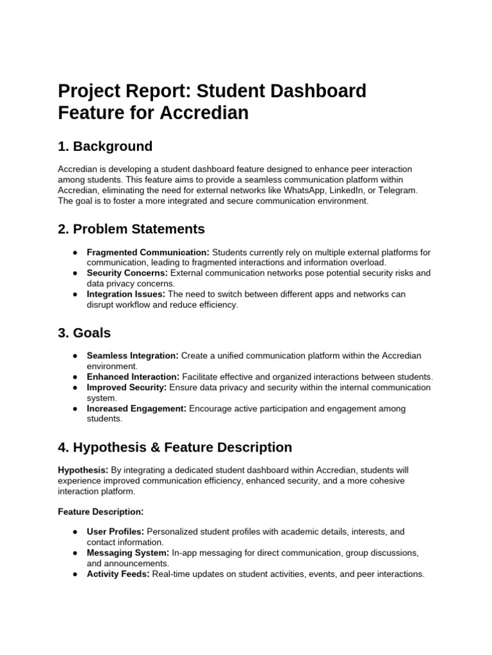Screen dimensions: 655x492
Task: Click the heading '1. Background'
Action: click(105, 146)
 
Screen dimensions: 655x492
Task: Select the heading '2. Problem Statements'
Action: click(131, 229)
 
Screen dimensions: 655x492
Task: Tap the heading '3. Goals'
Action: click(84, 333)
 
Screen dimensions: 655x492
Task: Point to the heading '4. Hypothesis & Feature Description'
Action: click(175, 447)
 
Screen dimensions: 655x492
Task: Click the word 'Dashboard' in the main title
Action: click(314, 91)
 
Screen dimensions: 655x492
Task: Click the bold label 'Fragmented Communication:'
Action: click(148, 252)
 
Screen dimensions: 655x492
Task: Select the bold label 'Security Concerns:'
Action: click(127, 273)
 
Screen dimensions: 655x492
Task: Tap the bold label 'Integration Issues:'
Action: click(126, 294)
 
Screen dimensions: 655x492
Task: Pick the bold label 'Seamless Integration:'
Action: click(133, 356)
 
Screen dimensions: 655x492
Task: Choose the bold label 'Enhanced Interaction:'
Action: click(133, 377)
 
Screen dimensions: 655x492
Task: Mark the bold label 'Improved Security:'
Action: click(127, 388)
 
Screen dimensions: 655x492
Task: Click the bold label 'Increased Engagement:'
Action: click(136, 409)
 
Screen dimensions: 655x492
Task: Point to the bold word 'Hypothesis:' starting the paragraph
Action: click(83, 470)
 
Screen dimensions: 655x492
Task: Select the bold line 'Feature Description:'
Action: click(101, 512)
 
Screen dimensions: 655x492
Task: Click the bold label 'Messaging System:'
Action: click(128, 553)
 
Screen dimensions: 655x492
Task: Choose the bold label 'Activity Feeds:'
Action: click(119, 574)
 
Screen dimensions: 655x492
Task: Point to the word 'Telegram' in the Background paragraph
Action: click(398, 191)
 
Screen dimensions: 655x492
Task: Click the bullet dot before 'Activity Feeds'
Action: click(76, 574)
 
